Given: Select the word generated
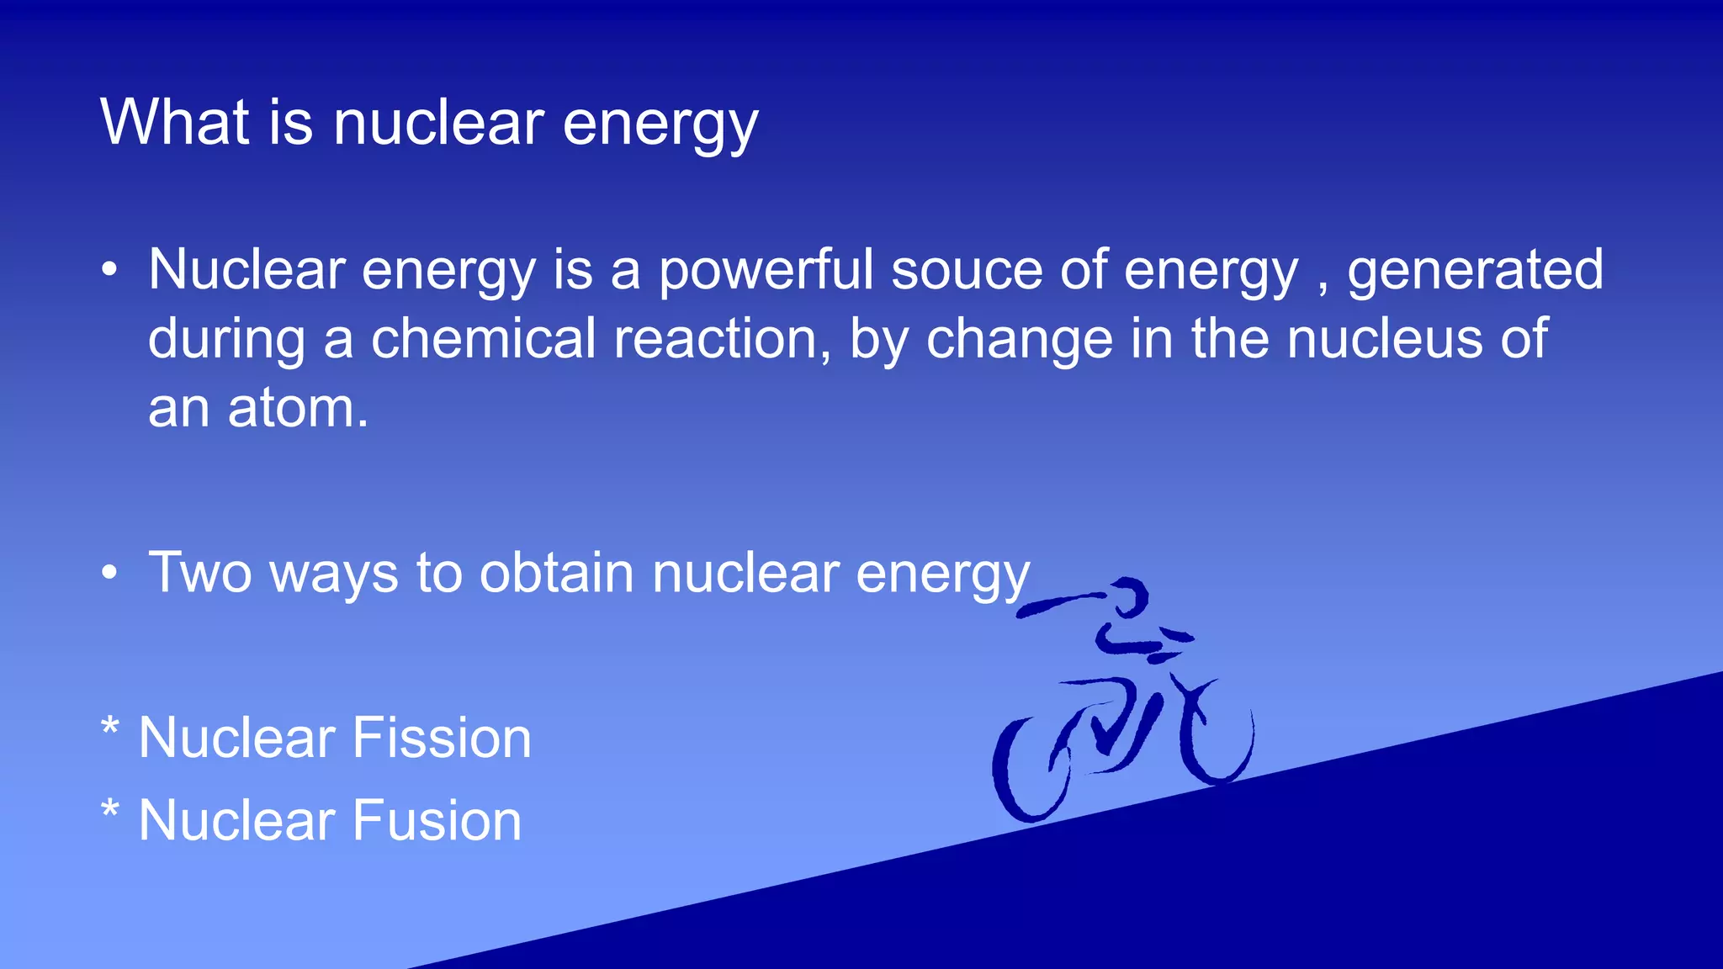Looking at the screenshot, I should click(1475, 271).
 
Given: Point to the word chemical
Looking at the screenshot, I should click(483, 339).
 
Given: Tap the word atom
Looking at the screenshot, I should click(296, 409).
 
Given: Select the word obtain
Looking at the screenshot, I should click(556, 574).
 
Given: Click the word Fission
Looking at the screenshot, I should click(442, 739).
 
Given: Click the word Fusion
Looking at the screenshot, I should click(437, 821).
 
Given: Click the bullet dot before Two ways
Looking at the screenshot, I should click(109, 574).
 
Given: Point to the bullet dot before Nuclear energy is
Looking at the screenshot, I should click(109, 271).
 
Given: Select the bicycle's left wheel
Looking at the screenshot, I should click(1031, 770).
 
